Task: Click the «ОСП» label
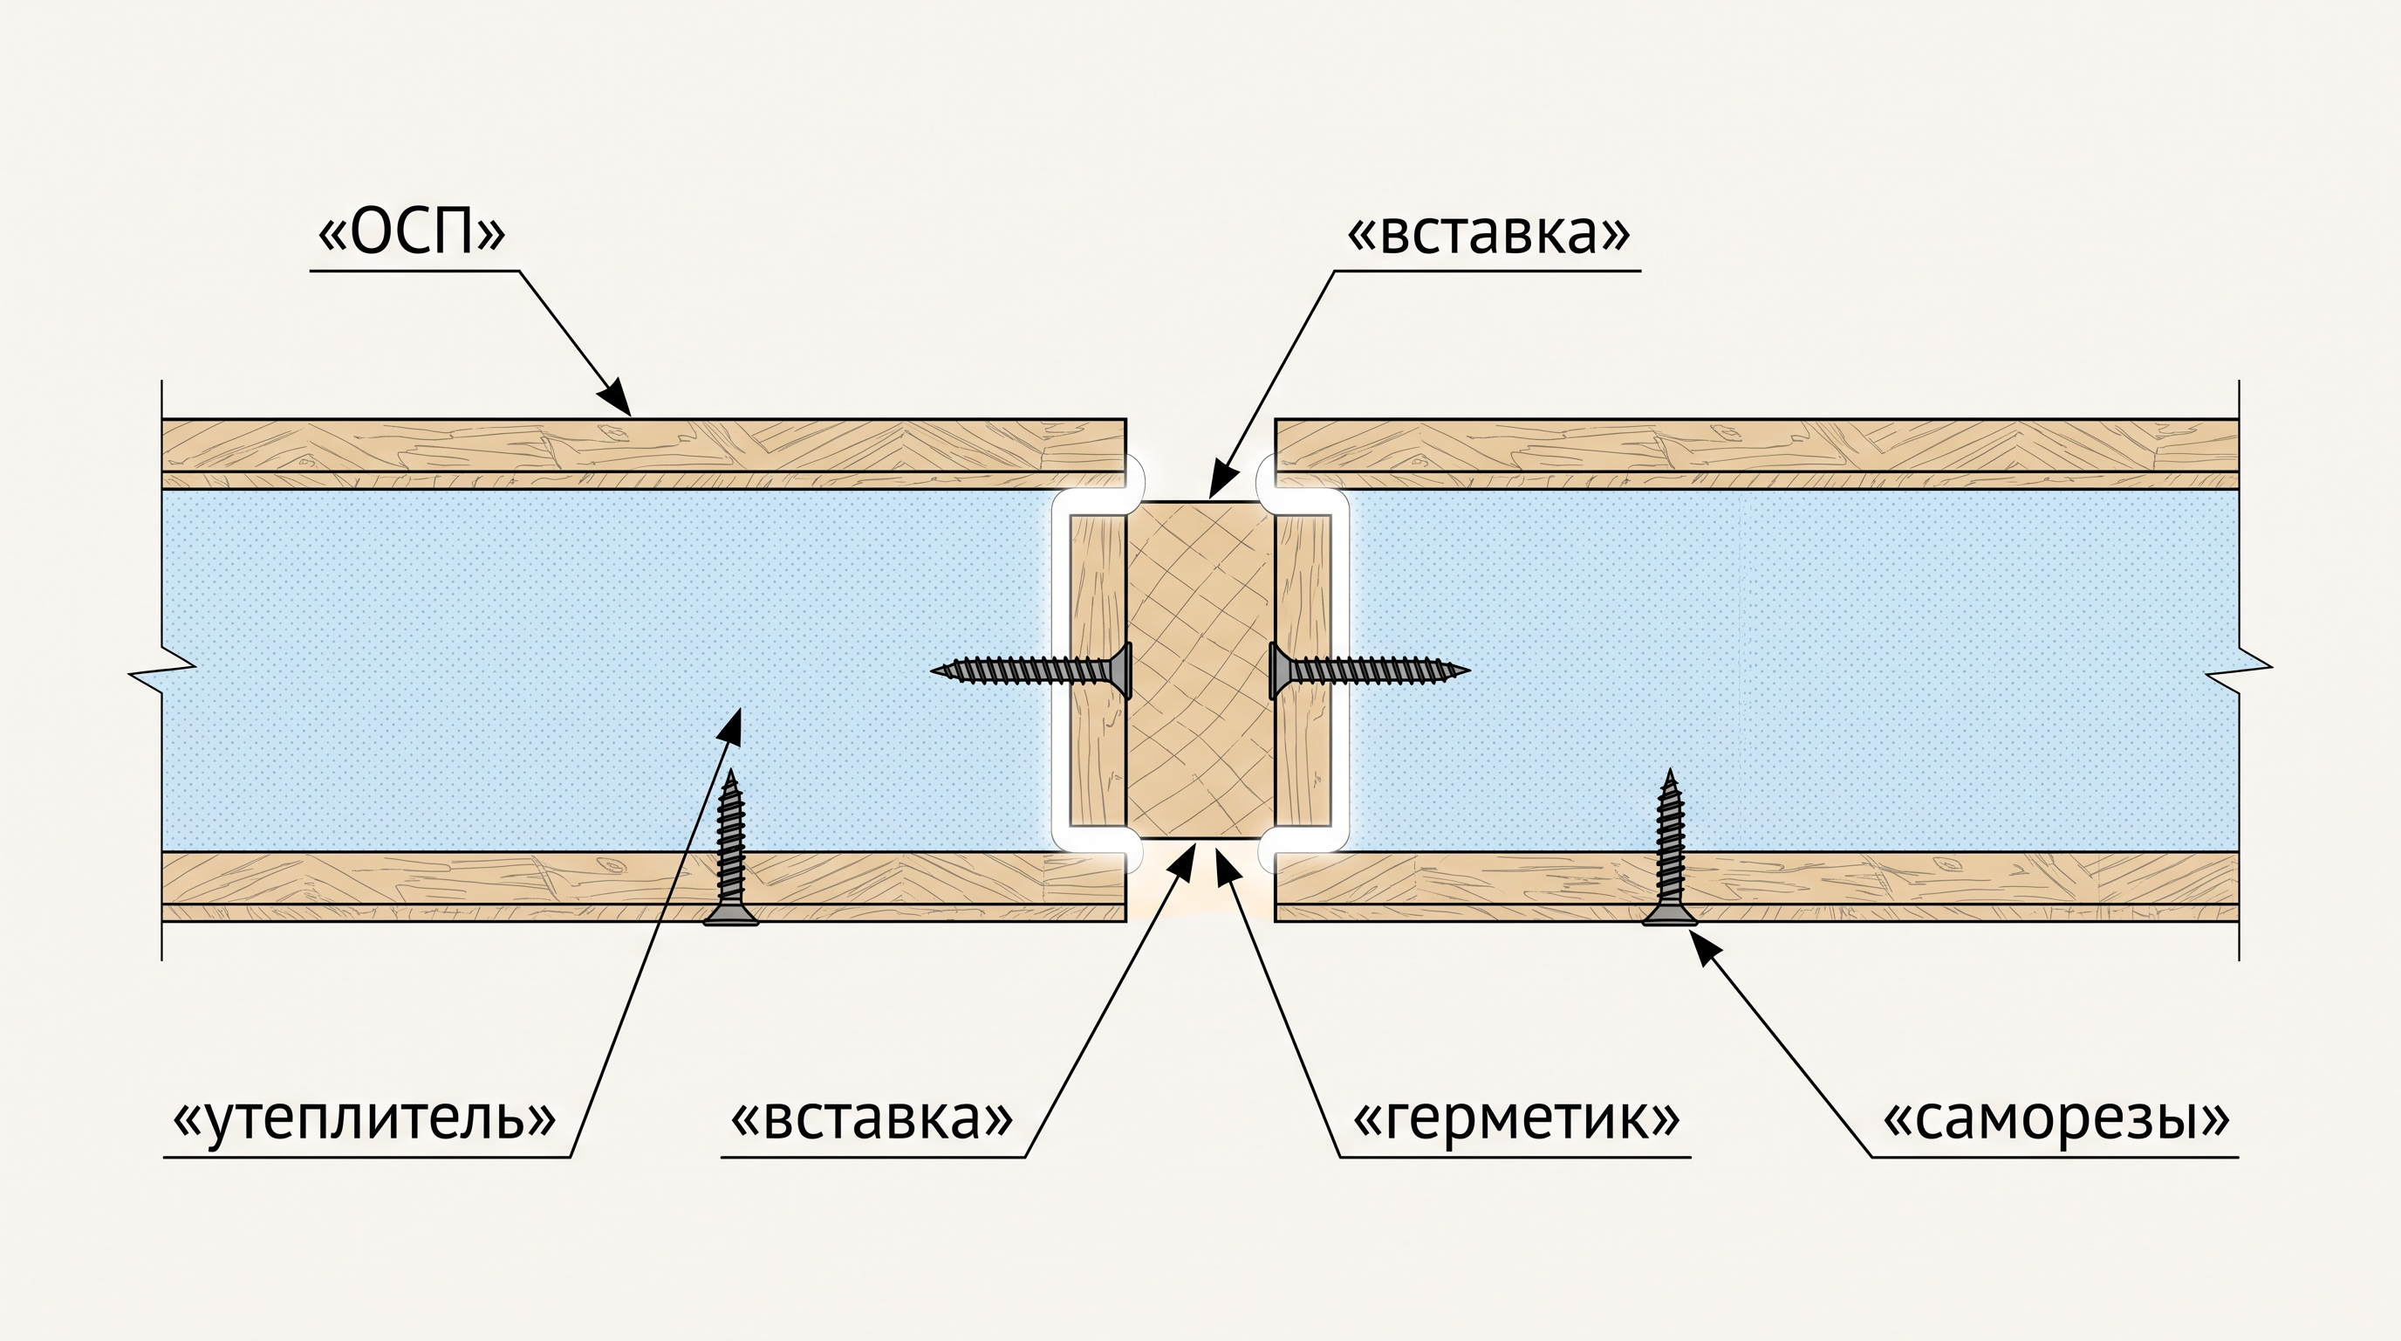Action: click(411, 234)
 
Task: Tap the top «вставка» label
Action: click(1488, 233)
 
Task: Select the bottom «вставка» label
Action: click(872, 1118)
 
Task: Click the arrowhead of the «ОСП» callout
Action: click(615, 397)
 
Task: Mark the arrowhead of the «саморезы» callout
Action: click(1705, 950)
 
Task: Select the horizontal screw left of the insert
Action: click(1032, 670)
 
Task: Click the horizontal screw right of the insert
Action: click(1369, 670)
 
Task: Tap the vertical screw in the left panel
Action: click(731, 847)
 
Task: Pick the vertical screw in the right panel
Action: click(1669, 847)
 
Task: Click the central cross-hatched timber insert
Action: click(1200, 670)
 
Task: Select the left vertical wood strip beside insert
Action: click(1098, 670)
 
